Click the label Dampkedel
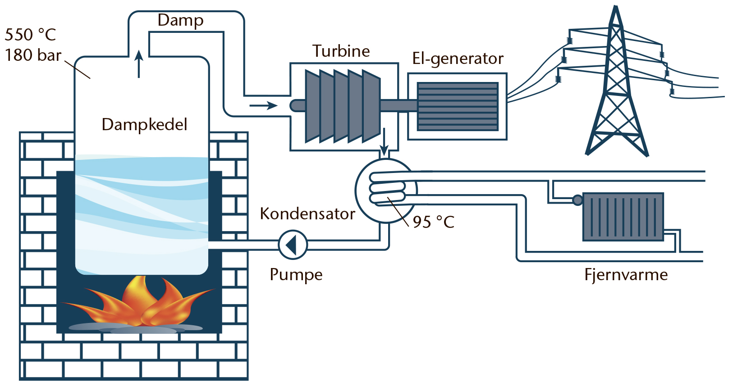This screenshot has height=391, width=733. point(144,124)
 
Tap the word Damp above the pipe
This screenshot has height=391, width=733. point(180,20)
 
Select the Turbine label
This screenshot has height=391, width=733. point(341,51)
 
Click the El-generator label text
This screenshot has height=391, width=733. point(458,59)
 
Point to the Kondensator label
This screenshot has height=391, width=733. point(307,214)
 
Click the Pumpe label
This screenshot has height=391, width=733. point(296,274)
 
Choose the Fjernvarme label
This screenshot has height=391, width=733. point(626,274)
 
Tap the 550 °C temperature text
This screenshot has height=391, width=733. point(30,35)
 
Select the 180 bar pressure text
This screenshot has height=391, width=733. point(33,55)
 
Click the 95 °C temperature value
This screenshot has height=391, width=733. point(433,222)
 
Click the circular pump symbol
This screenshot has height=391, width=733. point(293,245)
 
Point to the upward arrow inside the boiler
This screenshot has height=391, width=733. point(139,64)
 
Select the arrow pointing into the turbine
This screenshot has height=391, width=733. point(263,106)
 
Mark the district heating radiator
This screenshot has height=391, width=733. point(623,217)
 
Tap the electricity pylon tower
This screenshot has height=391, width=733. point(616,90)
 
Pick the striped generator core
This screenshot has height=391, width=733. point(458,106)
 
